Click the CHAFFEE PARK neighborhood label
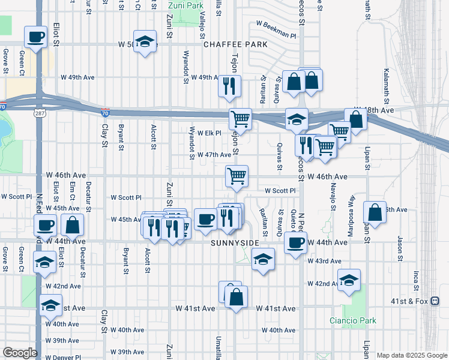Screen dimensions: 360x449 click(x=229, y=44)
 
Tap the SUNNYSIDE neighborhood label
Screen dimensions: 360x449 click(x=235, y=242)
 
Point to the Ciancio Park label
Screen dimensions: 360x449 click(x=353, y=320)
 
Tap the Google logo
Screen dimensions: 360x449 click(x=19, y=353)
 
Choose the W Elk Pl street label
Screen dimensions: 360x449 click(x=209, y=133)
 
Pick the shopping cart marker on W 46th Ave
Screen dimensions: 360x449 click(x=237, y=176)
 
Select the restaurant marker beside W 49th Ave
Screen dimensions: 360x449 click(x=229, y=86)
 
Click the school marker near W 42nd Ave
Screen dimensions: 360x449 click(x=349, y=280)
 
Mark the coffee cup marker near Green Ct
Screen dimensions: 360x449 click(x=36, y=36)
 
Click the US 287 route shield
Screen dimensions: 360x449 click(x=40, y=113)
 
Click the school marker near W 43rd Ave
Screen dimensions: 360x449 click(x=262, y=259)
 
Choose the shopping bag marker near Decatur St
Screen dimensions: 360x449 click(x=72, y=224)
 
